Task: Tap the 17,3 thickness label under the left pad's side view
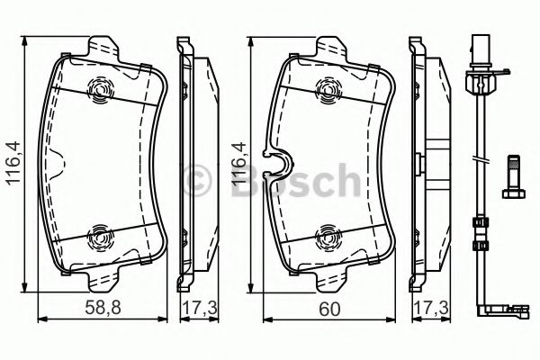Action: coord(192,306)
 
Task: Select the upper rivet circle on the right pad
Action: coord(329,88)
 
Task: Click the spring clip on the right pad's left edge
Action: coord(277,163)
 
